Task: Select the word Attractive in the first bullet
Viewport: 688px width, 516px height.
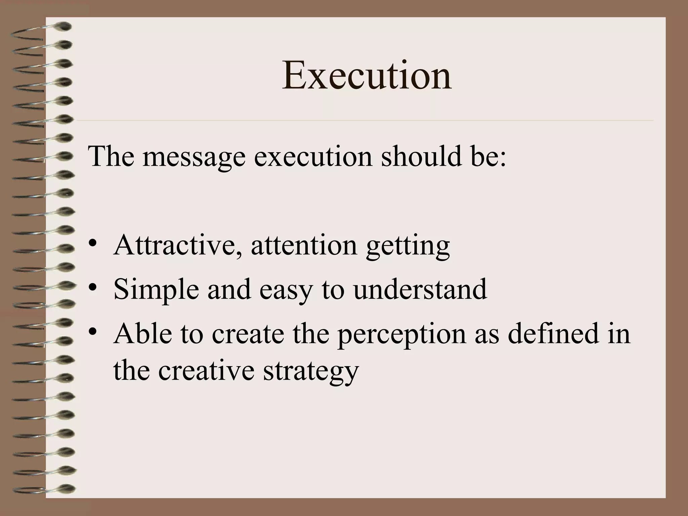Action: click(x=177, y=245)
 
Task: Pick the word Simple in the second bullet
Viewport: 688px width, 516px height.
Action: click(x=156, y=289)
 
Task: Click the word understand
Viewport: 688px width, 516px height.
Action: click(x=420, y=289)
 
